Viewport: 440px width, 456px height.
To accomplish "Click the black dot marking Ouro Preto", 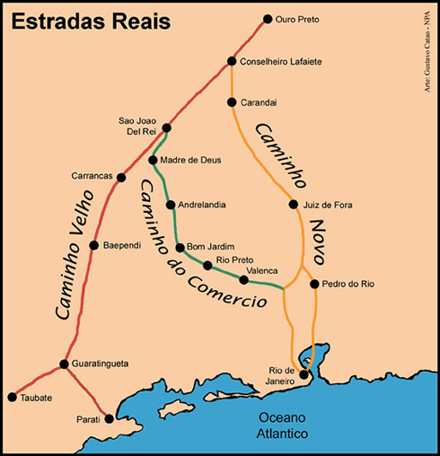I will point(267,19).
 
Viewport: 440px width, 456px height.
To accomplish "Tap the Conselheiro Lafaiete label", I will point(279,61).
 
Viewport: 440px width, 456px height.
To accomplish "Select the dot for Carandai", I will point(232,102).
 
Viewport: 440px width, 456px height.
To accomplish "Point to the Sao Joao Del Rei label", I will point(139,127).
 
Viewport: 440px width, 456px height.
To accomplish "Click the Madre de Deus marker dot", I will point(153,161).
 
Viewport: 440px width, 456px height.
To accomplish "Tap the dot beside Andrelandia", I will point(170,205).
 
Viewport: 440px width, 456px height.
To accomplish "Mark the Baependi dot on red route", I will point(93,245).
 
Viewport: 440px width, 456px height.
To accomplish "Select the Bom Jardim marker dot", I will point(180,248).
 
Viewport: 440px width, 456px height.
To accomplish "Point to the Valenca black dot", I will point(244,278).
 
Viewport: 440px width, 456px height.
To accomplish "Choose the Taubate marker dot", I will point(12,398).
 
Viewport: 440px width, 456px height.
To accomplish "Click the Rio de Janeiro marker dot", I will point(304,375).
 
